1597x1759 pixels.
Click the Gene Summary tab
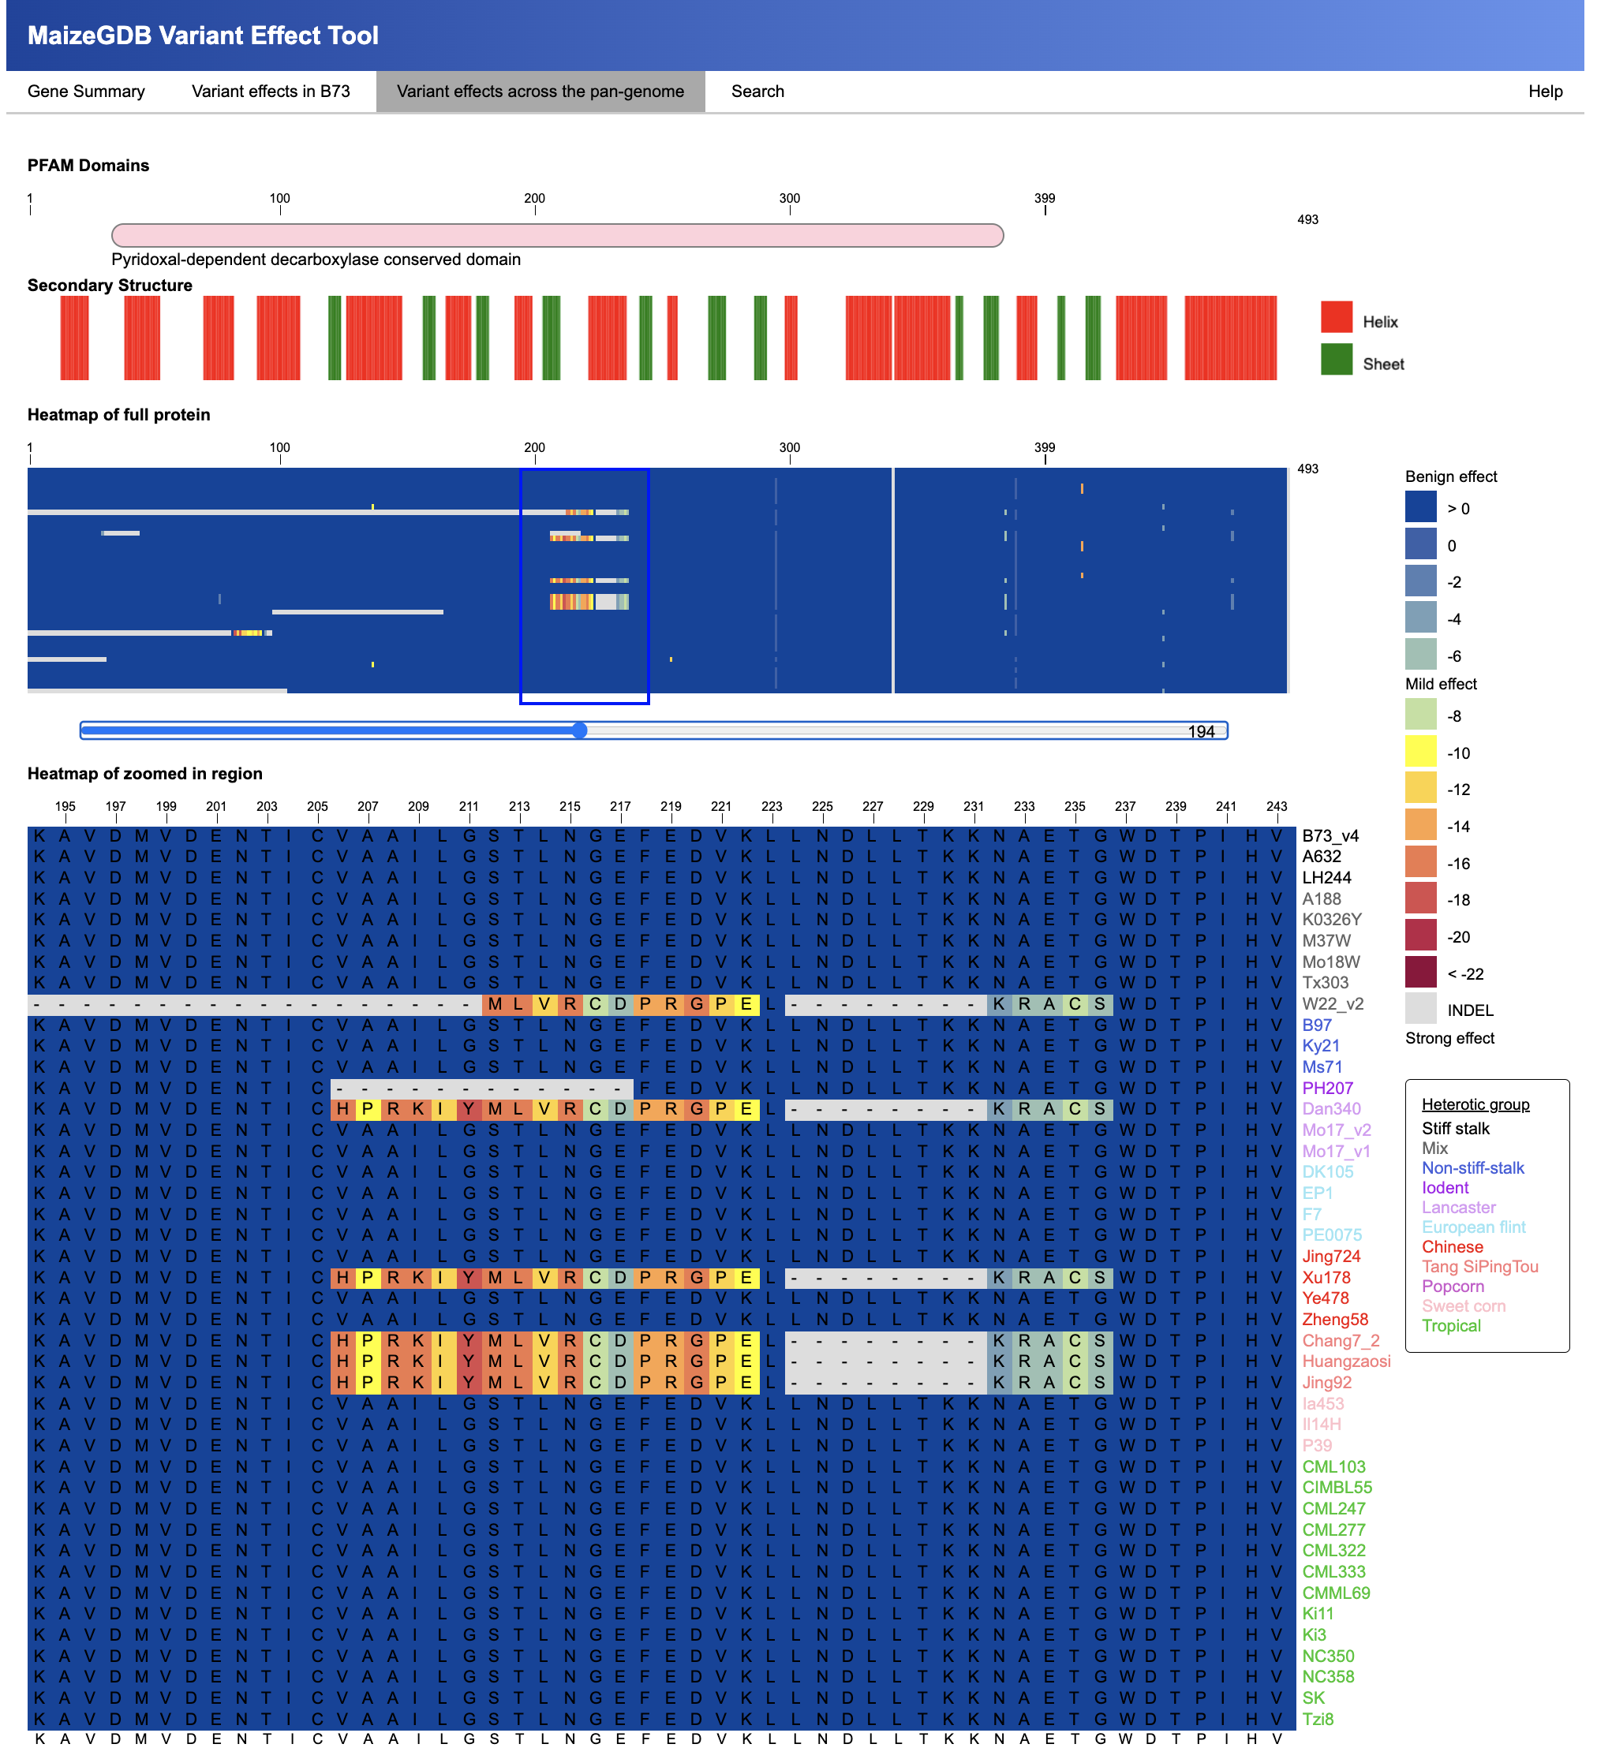[85, 91]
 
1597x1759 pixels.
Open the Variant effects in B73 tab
[271, 91]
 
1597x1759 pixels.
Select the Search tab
[757, 91]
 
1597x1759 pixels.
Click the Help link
[1544, 91]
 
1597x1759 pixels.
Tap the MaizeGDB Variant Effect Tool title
[203, 35]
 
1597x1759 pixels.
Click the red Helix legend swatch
[1335, 318]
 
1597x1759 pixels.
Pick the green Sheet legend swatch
[1335, 360]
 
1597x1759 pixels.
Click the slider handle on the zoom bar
[579, 730]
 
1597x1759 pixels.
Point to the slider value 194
[1200, 732]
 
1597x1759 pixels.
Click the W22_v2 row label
[1332, 1003]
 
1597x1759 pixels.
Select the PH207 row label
[1326, 1088]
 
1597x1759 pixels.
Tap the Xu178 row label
[1326, 1277]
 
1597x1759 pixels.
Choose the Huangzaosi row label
[1345, 1361]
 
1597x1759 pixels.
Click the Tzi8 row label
[1317, 1719]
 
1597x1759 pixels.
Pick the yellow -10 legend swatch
[1419, 753]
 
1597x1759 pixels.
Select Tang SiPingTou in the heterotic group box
[1479, 1267]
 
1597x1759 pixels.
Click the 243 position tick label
[1276, 806]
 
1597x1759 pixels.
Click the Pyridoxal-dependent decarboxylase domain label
[316, 260]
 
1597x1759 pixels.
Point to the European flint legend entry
[1473, 1227]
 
